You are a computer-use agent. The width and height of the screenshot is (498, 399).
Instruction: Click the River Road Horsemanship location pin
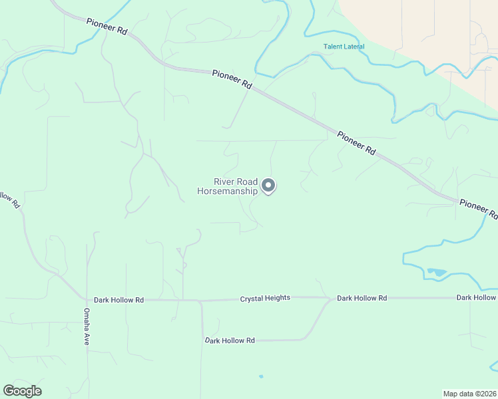[x=268, y=186]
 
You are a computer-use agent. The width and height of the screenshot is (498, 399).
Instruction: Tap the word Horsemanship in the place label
[x=228, y=191]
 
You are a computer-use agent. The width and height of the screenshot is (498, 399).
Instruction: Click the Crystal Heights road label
[x=265, y=298]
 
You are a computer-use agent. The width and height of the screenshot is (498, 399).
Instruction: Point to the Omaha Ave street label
[x=87, y=326]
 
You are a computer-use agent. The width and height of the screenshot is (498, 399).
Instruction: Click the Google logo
[x=22, y=391]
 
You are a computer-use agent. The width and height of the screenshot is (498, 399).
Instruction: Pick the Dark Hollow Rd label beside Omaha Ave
[x=119, y=300]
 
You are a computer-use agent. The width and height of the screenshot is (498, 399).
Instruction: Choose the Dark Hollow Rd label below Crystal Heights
[x=230, y=340]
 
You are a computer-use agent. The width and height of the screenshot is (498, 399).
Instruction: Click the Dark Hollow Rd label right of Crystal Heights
[x=362, y=298]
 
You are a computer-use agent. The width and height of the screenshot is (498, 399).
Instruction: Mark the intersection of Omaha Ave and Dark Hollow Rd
[x=87, y=299]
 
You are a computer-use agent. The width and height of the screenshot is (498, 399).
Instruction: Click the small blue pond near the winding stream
[x=437, y=272]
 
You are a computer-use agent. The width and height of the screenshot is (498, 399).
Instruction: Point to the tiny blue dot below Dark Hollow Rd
[x=261, y=376]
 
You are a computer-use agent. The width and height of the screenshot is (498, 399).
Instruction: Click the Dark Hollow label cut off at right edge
[x=477, y=297]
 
